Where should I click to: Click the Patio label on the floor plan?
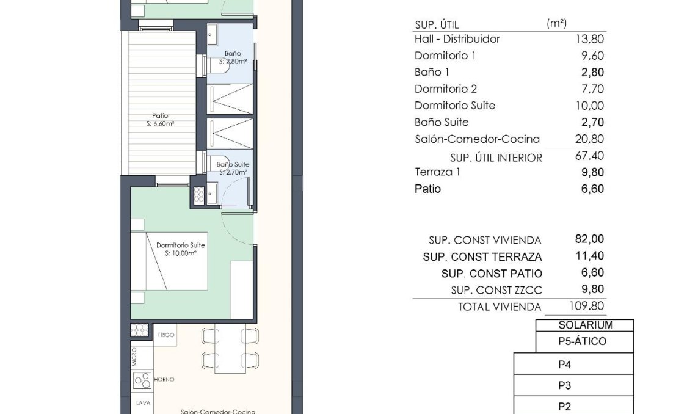pos(161,116)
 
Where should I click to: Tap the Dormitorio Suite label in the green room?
pos(180,245)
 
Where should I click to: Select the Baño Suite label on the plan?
pos(233,165)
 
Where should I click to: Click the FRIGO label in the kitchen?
pos(166,335)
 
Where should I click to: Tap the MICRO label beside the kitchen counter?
pos(134,357)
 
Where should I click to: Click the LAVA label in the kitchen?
pos(144,403)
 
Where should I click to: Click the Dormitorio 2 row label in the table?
pos(445,89)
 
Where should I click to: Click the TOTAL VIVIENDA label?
pos(500,307)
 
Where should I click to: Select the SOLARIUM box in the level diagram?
pos(585,326)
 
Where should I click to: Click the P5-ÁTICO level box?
pos(582,342)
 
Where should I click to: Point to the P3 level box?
pos(564,386)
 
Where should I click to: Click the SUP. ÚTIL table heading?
pos(436,25)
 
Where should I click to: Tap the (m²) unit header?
pos(556,24)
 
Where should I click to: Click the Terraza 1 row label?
pos(437,172)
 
